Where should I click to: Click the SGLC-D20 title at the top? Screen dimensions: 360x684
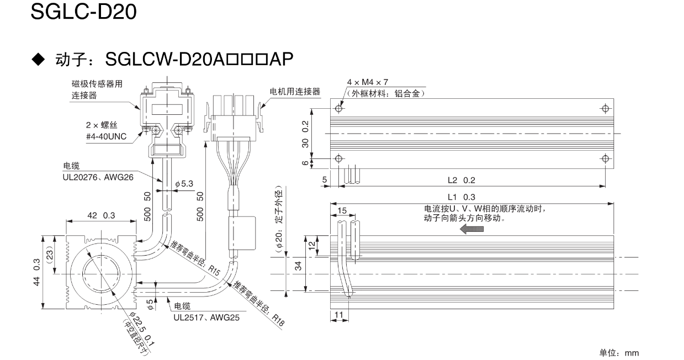coord(83,12)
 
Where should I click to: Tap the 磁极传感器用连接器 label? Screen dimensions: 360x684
coord(97,90)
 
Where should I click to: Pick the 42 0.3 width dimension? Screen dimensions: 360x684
coord(100,216)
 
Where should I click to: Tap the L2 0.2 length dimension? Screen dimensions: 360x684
coord(462,180)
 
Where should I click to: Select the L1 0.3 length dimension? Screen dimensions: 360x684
coord(462,197)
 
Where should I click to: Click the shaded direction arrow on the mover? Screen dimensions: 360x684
coord(473,229)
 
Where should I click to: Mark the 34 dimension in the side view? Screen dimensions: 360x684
coord(298,267)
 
